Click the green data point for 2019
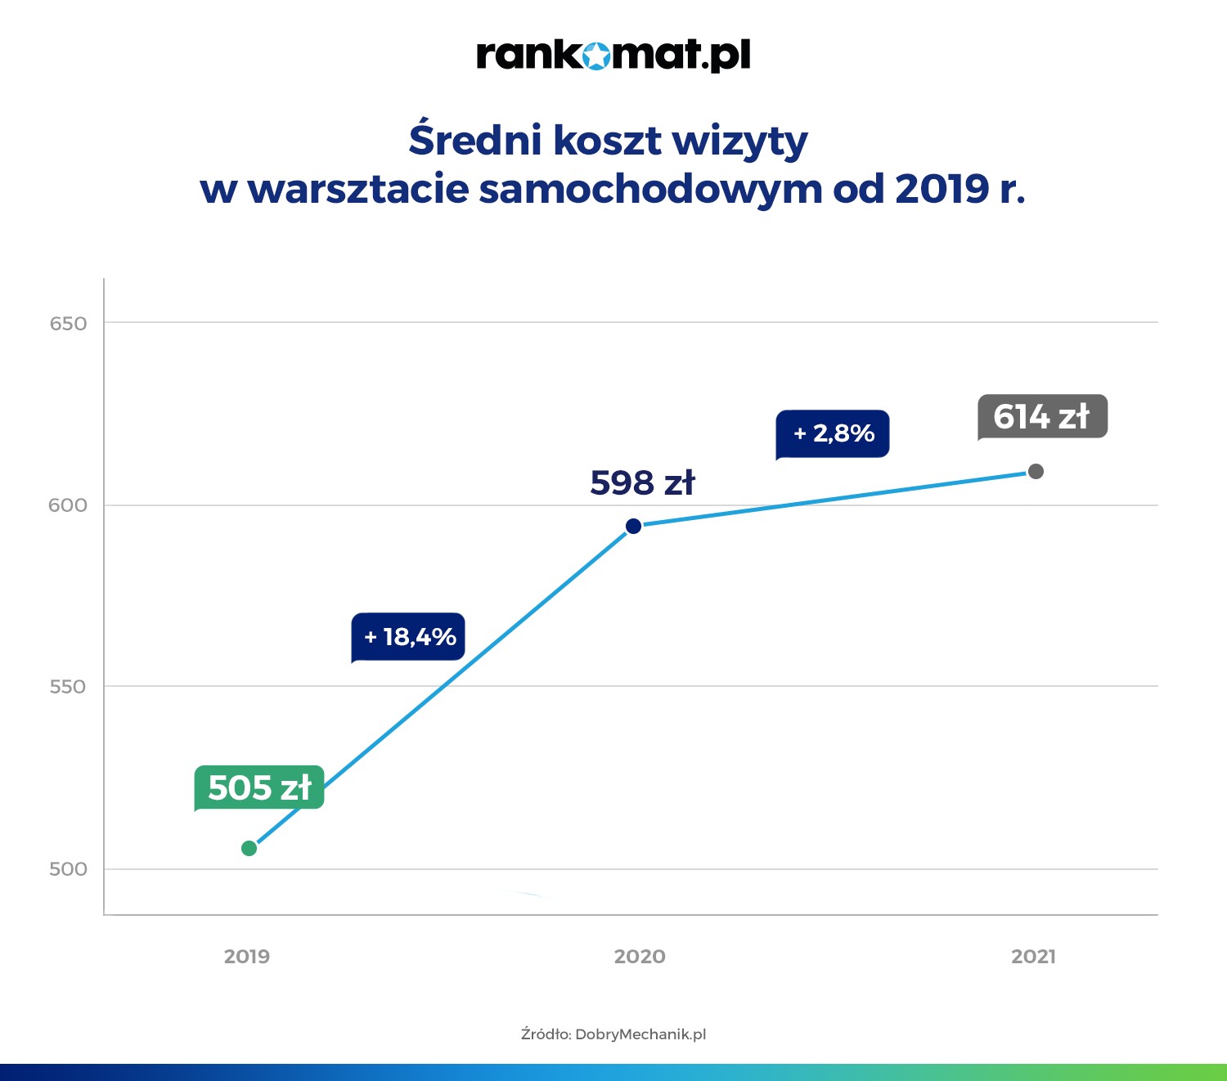(249, 848)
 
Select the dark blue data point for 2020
(633, 526)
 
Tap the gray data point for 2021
(1036, 471)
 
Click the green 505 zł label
(259, 787)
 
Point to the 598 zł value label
(642, 482)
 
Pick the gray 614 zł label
(1042, 417)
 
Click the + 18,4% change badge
(409, 636)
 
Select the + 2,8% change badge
(833, 433)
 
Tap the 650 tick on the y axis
(68, 324)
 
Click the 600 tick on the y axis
(68, 505)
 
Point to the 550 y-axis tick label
(68, 687)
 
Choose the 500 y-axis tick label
(68, 868)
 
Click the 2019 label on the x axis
(247, 957)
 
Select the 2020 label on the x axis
(640, 957)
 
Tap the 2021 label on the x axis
(1033, 957)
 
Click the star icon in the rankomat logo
(598, 56)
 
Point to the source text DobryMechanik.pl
(640, 1034)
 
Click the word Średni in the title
(475, 140)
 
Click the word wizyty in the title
(739, 141)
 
